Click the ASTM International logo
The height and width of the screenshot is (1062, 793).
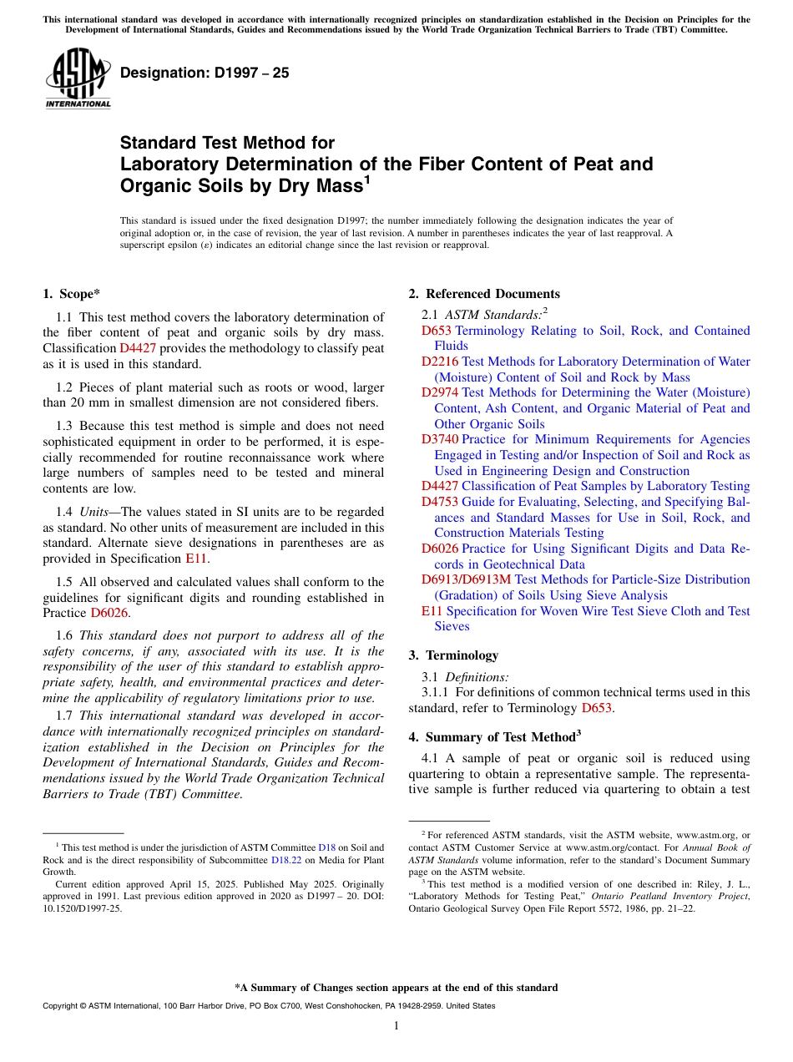click(x=78, y=78)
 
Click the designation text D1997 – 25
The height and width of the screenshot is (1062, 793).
click(x=205, y=73)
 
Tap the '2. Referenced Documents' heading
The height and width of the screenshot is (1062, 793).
click(x=484, y=294)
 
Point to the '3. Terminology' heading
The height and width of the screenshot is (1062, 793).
click(x=453, y=655)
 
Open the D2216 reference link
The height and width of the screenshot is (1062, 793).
click(x=440, y=362)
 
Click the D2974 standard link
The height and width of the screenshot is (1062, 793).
click(x=440, y=392)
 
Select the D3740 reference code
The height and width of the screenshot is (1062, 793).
click(x=440, y=439)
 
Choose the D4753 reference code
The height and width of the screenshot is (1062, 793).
click(x=440, y=502)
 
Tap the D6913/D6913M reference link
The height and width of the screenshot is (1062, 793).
click(x=466, y=579)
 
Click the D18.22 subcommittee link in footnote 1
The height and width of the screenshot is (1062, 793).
click(x=286, y=859)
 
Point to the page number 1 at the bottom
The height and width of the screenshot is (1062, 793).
click(x=396, y=1026)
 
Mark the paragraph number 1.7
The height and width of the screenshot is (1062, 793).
click(x=64, y=716)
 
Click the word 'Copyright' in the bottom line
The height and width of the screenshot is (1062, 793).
click(x=61, y=1006)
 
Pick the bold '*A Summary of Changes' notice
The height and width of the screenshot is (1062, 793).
click(x=396, y=988)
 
